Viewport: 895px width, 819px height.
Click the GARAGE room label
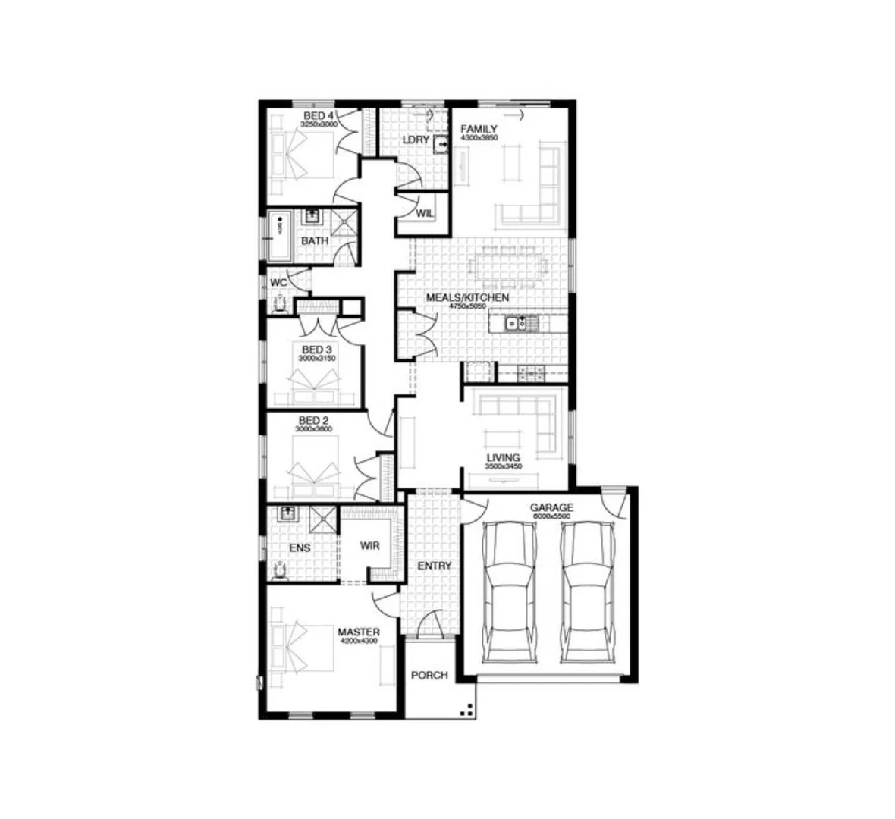tap(551, 507)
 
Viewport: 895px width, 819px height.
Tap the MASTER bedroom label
tap(359, 632)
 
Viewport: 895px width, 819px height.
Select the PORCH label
tap(429, 675)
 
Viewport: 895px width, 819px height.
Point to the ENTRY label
tap(435, 566)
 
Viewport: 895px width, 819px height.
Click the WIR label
tap(369, 545)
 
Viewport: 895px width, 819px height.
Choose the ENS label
tap(300, 548)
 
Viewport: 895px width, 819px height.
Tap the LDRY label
tap(416, 140)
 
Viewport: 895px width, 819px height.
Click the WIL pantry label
tap(425, 213)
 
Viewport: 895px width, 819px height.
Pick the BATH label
tap(315, 241)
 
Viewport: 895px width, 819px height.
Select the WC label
tap(278, 282)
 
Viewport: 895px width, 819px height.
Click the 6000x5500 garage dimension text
tap(551, 516)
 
